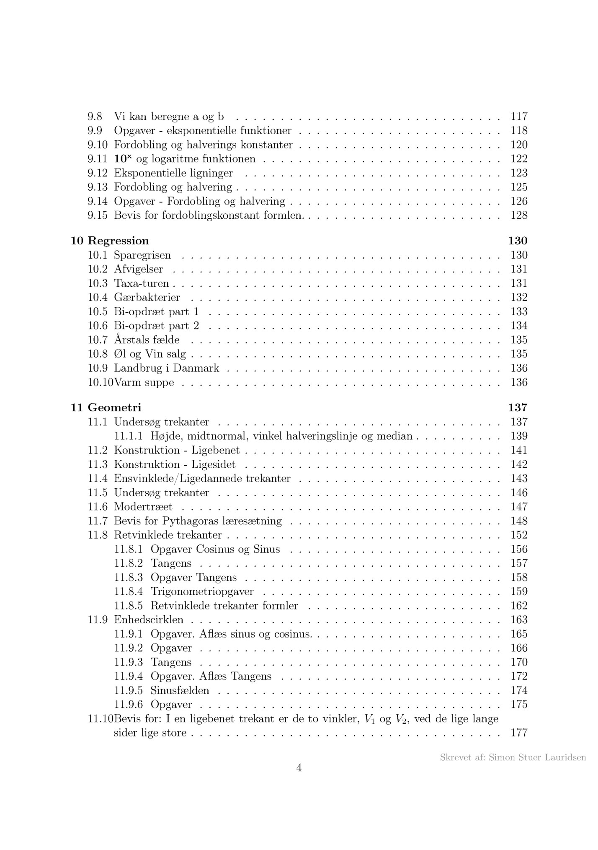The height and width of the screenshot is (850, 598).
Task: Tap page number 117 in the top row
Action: [x=519, y=117]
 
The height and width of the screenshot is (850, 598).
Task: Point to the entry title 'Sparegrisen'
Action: [x=142, y=255]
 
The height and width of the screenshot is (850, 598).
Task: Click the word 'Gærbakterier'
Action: [x=147, y=298]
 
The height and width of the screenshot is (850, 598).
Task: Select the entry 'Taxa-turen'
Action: [x=141, y=284]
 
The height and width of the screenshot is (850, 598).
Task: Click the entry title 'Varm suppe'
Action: [x=144, y=383]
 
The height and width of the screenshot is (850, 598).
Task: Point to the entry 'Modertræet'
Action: [x=143, y=507]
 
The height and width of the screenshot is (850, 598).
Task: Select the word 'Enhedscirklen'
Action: [x=149, y=620]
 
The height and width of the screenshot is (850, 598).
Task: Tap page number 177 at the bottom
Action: [x=519, y=733]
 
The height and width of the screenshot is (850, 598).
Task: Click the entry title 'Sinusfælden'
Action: [x=180, y=690]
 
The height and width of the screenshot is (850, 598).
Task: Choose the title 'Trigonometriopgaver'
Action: [x=202, y=592]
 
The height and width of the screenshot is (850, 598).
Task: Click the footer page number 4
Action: [x=299, y=768]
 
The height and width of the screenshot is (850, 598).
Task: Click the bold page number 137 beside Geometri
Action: [x=518, y=407]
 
